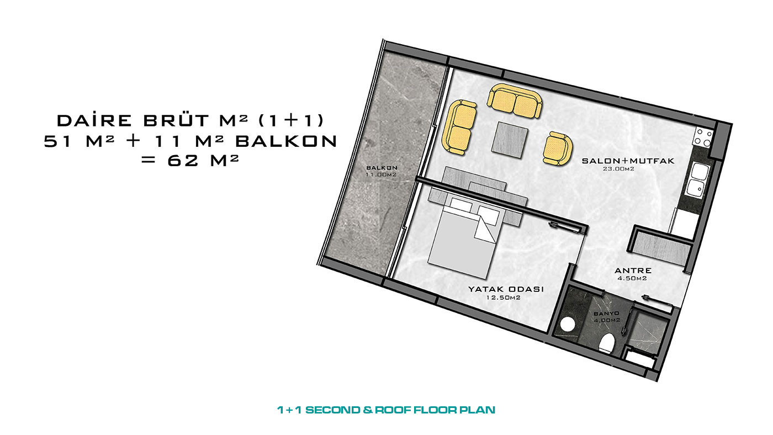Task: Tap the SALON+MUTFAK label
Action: (628, 161)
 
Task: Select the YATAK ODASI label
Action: (506, 289)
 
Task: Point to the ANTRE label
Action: (633, 271)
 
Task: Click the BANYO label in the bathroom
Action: (606, 314)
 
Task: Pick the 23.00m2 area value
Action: (618, 169)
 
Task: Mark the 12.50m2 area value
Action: (503, 298)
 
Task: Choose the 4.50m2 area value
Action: (632, 278)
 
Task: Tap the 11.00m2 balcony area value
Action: (381, 174)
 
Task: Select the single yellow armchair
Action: (557, 148)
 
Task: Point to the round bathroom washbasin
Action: (568, 324)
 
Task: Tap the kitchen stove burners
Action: (703, 137)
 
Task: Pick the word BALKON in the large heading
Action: (286, 141)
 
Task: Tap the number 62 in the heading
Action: (183, 161)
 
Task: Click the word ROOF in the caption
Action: (393, 410)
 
